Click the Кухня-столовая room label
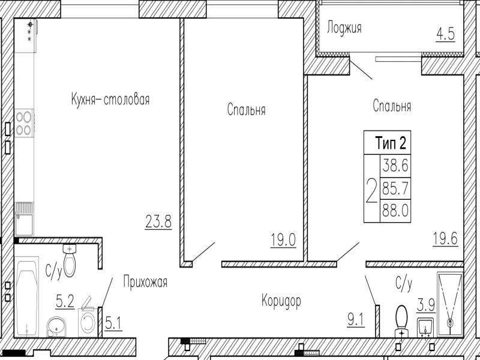click(110, 100)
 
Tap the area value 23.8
click(158, 221)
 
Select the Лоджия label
click(344, 28)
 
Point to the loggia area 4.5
click(445, 34)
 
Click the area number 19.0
click(283, 239)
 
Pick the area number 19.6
click(445, 238)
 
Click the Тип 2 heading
click(391, 143)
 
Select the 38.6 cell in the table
click(395, 166)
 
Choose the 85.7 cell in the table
click(395, 188)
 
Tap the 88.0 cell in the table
click(395, 211)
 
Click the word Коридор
click(281, 301)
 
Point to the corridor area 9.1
click(356, 321)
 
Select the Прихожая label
click(145, 281)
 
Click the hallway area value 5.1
click(113, 324)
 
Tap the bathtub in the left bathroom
click(27, 297)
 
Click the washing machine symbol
click(88, 323)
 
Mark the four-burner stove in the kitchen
click(24, 123)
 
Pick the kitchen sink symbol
click(24, 219)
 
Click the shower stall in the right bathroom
click(450, 304)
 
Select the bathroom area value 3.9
click(426, 305)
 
